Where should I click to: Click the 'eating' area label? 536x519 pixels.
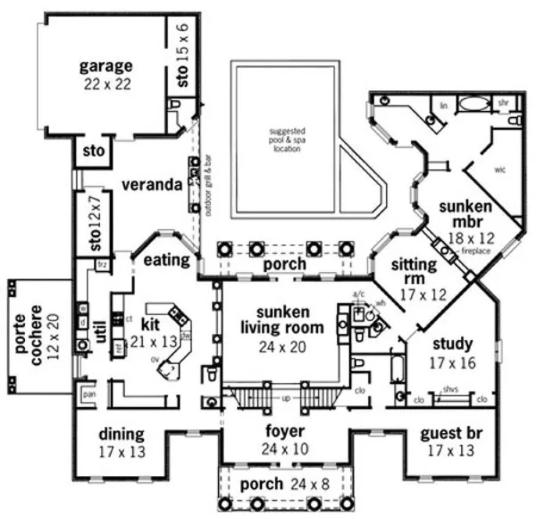(x=166, y=259)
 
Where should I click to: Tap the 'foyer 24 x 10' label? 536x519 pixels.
(x=284, y=438)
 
